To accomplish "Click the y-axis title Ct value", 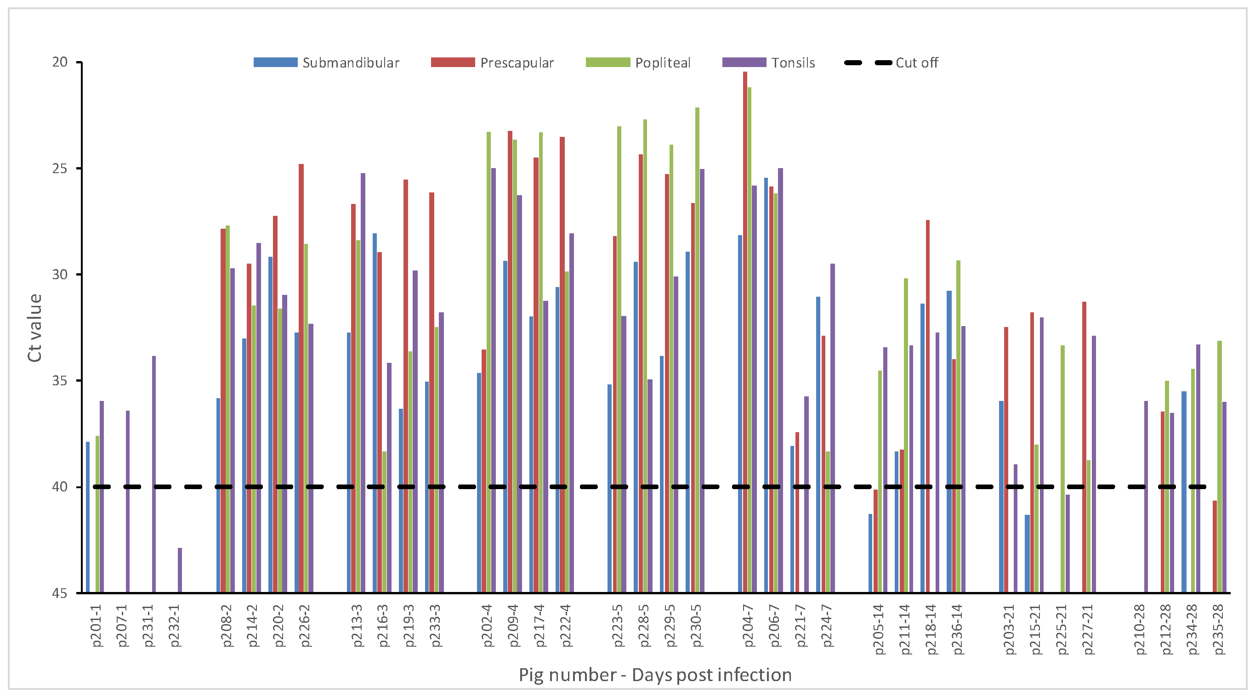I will tap(34, 327).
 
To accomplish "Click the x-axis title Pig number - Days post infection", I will tap(655, 675).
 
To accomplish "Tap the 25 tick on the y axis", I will tap(60, 169).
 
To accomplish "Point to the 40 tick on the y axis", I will tap(60, 487).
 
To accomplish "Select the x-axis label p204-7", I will tap(748, 626).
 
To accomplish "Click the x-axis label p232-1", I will tap(176, 626).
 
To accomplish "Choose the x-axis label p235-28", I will tap(1219, 629).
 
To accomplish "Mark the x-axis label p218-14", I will tap(931, 629).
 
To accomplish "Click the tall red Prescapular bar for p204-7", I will tap(745, 331).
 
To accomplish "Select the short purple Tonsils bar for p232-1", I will tap(180, 570).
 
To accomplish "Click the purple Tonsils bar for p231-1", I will tap(154, 474).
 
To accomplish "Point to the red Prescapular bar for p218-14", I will tap(928, 406).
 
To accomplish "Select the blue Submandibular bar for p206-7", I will tap(766, 384).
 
